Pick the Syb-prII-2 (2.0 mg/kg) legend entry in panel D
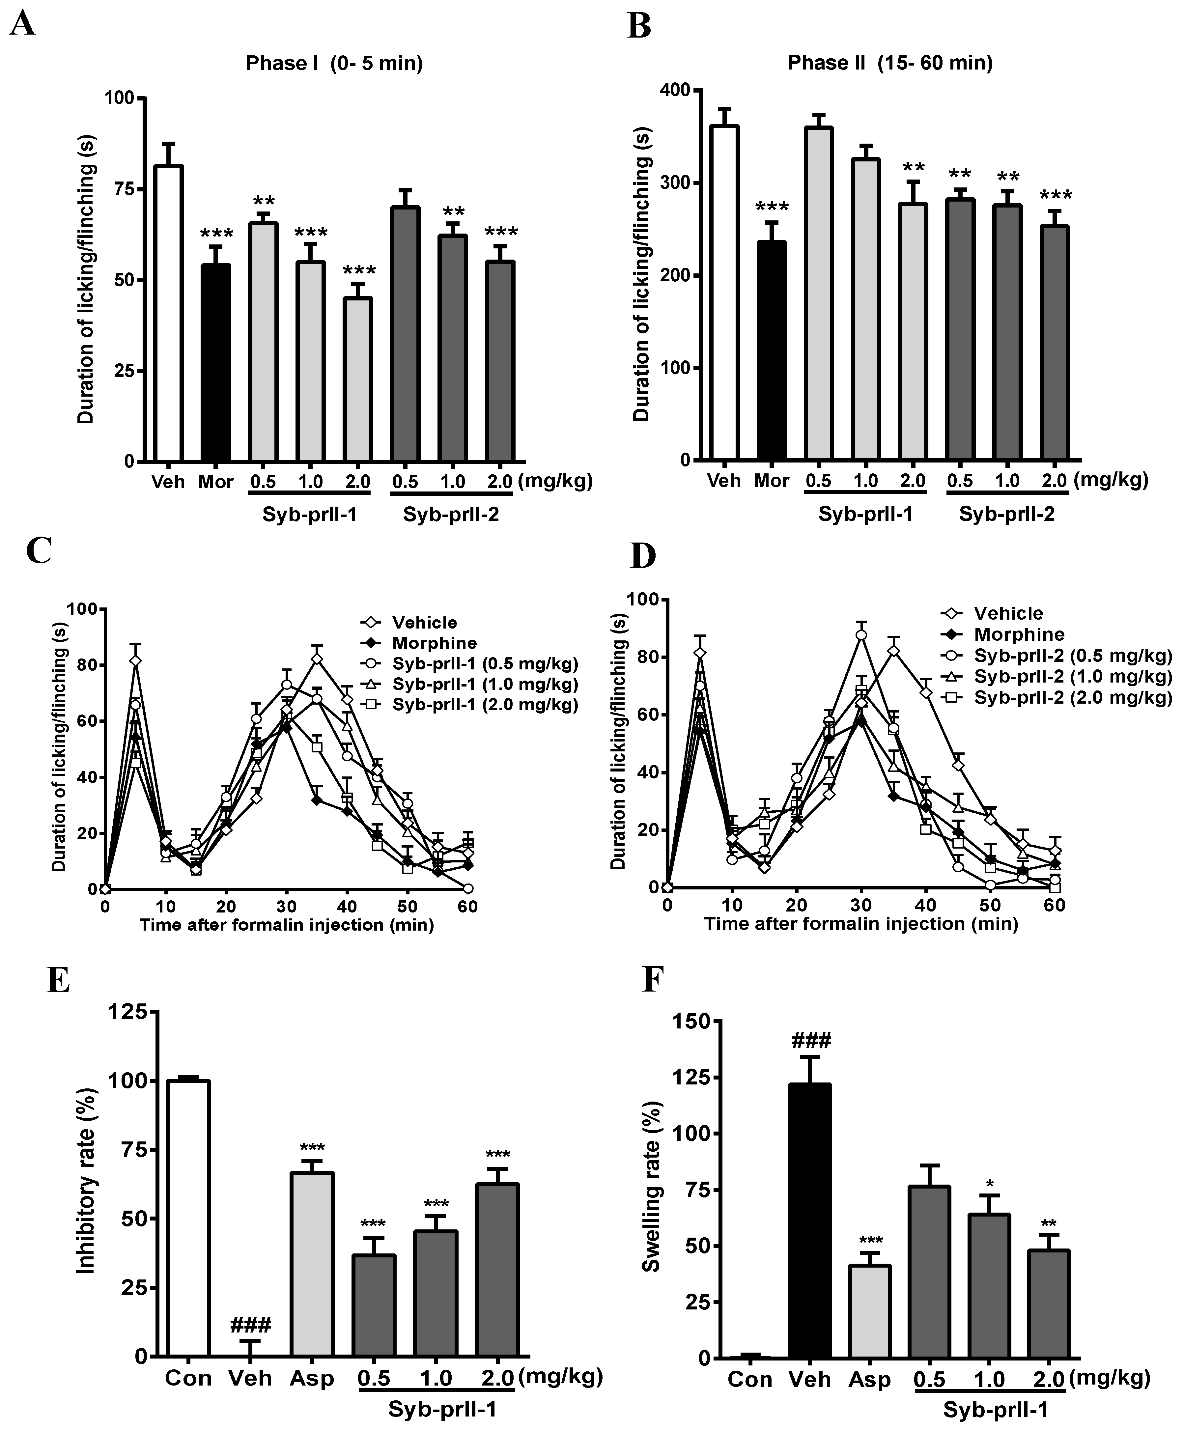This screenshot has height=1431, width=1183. (x=1072, y=698)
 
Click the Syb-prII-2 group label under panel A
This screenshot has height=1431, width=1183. (x=450, y=515)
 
